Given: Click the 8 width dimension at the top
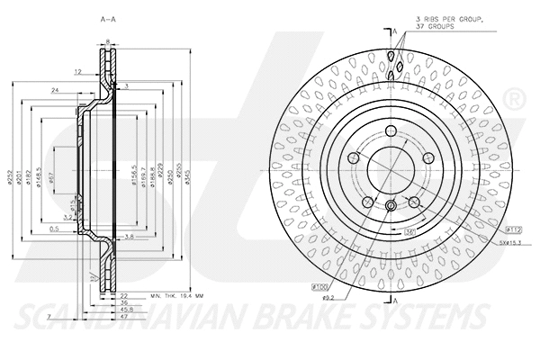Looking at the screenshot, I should pyautogui.click(x=107, y=41).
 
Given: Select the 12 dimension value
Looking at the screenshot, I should pyautogui.click(x=78, y=70).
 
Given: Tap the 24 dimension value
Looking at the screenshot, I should pyautogui.click(x=56, y=92).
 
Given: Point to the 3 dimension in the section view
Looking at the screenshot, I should pyautogui.click(x=127, y=85).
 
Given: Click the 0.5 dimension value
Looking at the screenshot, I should pyautogui.click(x=54, y=229).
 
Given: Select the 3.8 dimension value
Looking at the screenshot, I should pyautogui.click(x=129, y=237).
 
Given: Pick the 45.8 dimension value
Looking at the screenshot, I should pyautogui.click(x=127, y=310).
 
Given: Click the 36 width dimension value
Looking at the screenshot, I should pyautogui.click(x=126, y=302).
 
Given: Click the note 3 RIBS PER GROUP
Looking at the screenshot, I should pyautogui.click(x=447, y=20).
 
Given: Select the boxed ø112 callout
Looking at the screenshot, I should pyautogui.click(x=514, y=229).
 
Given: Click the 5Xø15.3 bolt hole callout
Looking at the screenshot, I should pyautogui.click(x=512, y=242).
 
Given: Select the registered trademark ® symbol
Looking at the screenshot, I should pyautogui.click(x=514, y=95).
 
